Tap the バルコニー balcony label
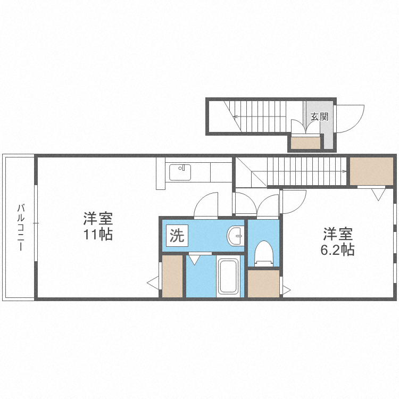(x=21, y=227)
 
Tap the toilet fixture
(x=263, y=253)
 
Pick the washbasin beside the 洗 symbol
(x=235, y=235)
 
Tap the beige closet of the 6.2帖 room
(x=371, y=171)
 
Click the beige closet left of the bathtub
(x=172, y=276)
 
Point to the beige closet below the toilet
(x=263, y=283)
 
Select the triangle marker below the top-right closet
(x=379, y=194)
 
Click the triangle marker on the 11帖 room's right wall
(x=154, y=283)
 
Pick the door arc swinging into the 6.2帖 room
(x=294, y=201)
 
